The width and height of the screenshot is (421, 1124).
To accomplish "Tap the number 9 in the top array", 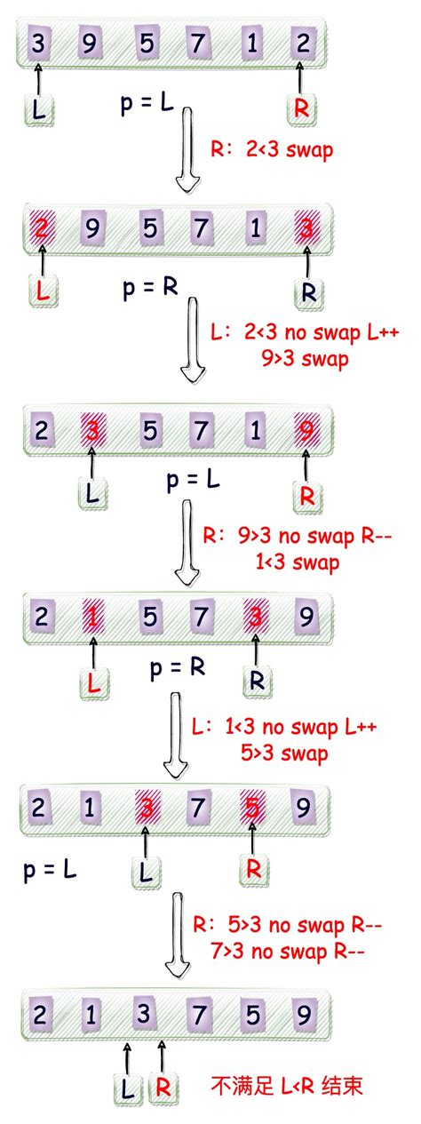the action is click(90, 44).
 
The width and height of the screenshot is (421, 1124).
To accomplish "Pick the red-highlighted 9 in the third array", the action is click(306, 430).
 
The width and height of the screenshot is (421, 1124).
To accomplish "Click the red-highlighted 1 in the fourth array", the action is click(93, 617).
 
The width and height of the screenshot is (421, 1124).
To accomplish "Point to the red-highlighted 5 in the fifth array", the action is click(252, 808).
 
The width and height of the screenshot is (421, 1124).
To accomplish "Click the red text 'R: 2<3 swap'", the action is click(272, 150).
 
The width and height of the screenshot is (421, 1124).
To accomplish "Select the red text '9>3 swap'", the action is click(305, 359).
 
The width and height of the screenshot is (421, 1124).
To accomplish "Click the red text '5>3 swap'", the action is click(284, 753).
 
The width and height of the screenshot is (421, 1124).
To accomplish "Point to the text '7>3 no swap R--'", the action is click(288, 951).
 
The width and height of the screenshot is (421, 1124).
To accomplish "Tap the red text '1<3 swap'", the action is click(297, 562).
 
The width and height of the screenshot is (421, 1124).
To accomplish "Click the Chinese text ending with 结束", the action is click(287, 1086).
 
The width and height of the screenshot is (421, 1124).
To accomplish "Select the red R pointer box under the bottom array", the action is click(163, 1088).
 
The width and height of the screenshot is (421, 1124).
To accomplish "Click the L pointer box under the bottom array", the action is click(127, 1088).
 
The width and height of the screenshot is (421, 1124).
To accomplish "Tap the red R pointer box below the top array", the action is click(301, 108).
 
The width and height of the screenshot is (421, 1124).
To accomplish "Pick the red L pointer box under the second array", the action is click(44, 291).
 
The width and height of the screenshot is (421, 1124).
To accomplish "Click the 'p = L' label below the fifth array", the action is click(50, 869).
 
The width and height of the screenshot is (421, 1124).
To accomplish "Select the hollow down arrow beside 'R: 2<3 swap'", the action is click(187, 150).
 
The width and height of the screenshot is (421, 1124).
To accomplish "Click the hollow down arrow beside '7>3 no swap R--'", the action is click(178, 936).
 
